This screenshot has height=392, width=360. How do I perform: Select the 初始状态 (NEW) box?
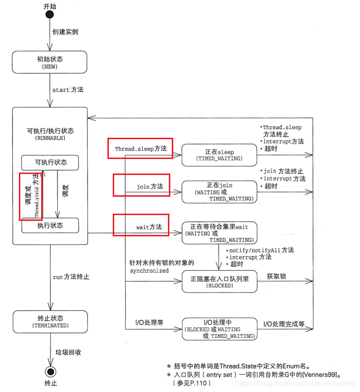(x=50, y=63)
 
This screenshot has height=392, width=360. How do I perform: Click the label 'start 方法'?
(x=68, y=90)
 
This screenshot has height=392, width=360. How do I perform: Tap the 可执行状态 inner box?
(x=50, y=162)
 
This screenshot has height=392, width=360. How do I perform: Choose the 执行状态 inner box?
(x=50, y=225)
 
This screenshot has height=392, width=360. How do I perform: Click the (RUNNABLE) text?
(x=50, y=138)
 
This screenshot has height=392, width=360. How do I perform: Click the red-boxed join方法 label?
(x=142, y=186)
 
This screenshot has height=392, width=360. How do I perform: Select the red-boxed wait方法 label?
(x=141, y=225)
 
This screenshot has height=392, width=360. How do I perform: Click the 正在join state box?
(x=219, y=192)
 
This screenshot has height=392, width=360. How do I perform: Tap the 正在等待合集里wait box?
(x=219, y=232)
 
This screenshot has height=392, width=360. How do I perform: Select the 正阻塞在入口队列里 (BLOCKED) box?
(x=219, y=281)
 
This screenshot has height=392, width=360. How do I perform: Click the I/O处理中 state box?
(x=219, y=329)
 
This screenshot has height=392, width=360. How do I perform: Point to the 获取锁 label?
(x=276, y=276)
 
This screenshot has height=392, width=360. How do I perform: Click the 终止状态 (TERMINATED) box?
(x=50, y=322)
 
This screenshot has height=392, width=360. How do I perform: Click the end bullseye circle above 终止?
(x=50, y=372)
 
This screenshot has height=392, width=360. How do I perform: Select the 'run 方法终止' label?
(x=71, y=277)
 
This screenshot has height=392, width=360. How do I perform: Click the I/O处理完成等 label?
(x=284, y=324)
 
